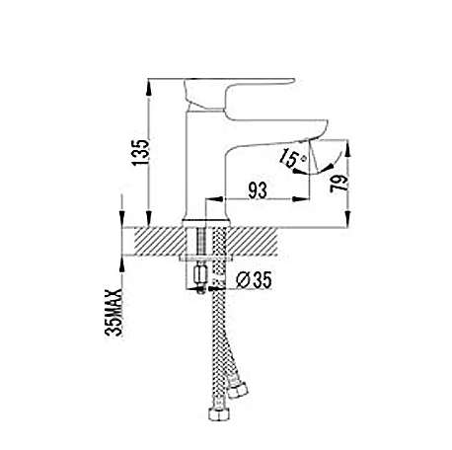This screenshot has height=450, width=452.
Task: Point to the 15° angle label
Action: click(x=292, y=157)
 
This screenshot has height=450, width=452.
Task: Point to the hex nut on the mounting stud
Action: click(x=201, y=272)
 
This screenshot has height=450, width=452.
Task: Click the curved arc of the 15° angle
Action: click(x=314, y=169)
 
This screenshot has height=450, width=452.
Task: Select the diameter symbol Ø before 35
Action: click(x=242, y=280)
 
